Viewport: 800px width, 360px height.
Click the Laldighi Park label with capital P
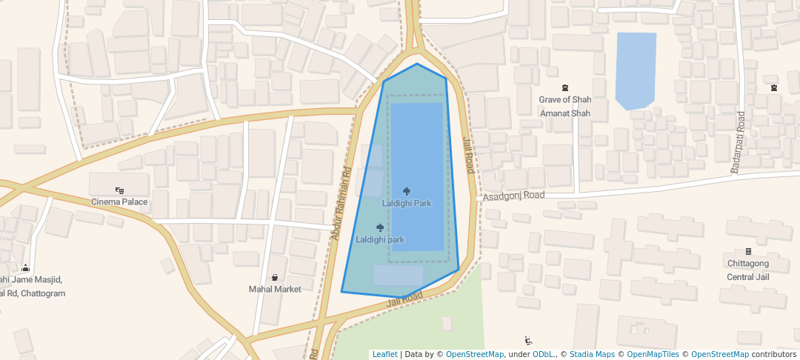[x=407, y=203]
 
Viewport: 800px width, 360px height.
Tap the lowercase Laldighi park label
[x=380, y=239]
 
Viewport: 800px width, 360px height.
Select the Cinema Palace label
[x=119, y=201]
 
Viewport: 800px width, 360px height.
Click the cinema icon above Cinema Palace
[x=119, y=190]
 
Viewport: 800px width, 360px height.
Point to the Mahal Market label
[x=275, y=289]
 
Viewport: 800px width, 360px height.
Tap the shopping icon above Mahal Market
[x=275, y=278]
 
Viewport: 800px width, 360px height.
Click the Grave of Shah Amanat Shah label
[x=565, y=106]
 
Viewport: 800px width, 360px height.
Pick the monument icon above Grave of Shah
[x=565, y=88]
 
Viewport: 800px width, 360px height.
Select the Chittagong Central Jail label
[x=747, y=270]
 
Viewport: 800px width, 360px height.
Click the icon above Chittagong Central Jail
[x=748, y=252]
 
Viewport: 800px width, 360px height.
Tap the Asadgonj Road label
[x=514, y=196]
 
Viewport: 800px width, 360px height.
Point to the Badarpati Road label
[x=738, y=142]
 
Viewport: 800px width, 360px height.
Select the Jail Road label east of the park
[x=468, y=155]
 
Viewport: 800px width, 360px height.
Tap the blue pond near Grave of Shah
[x=636, y=70]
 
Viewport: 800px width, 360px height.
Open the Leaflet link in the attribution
[x=384, y=354]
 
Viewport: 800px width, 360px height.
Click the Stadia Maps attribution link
[x=592, y=354]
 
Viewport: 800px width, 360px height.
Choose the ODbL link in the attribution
[x=544, y=354]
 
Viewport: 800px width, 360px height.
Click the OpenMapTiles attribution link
[x=653, y=354]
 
